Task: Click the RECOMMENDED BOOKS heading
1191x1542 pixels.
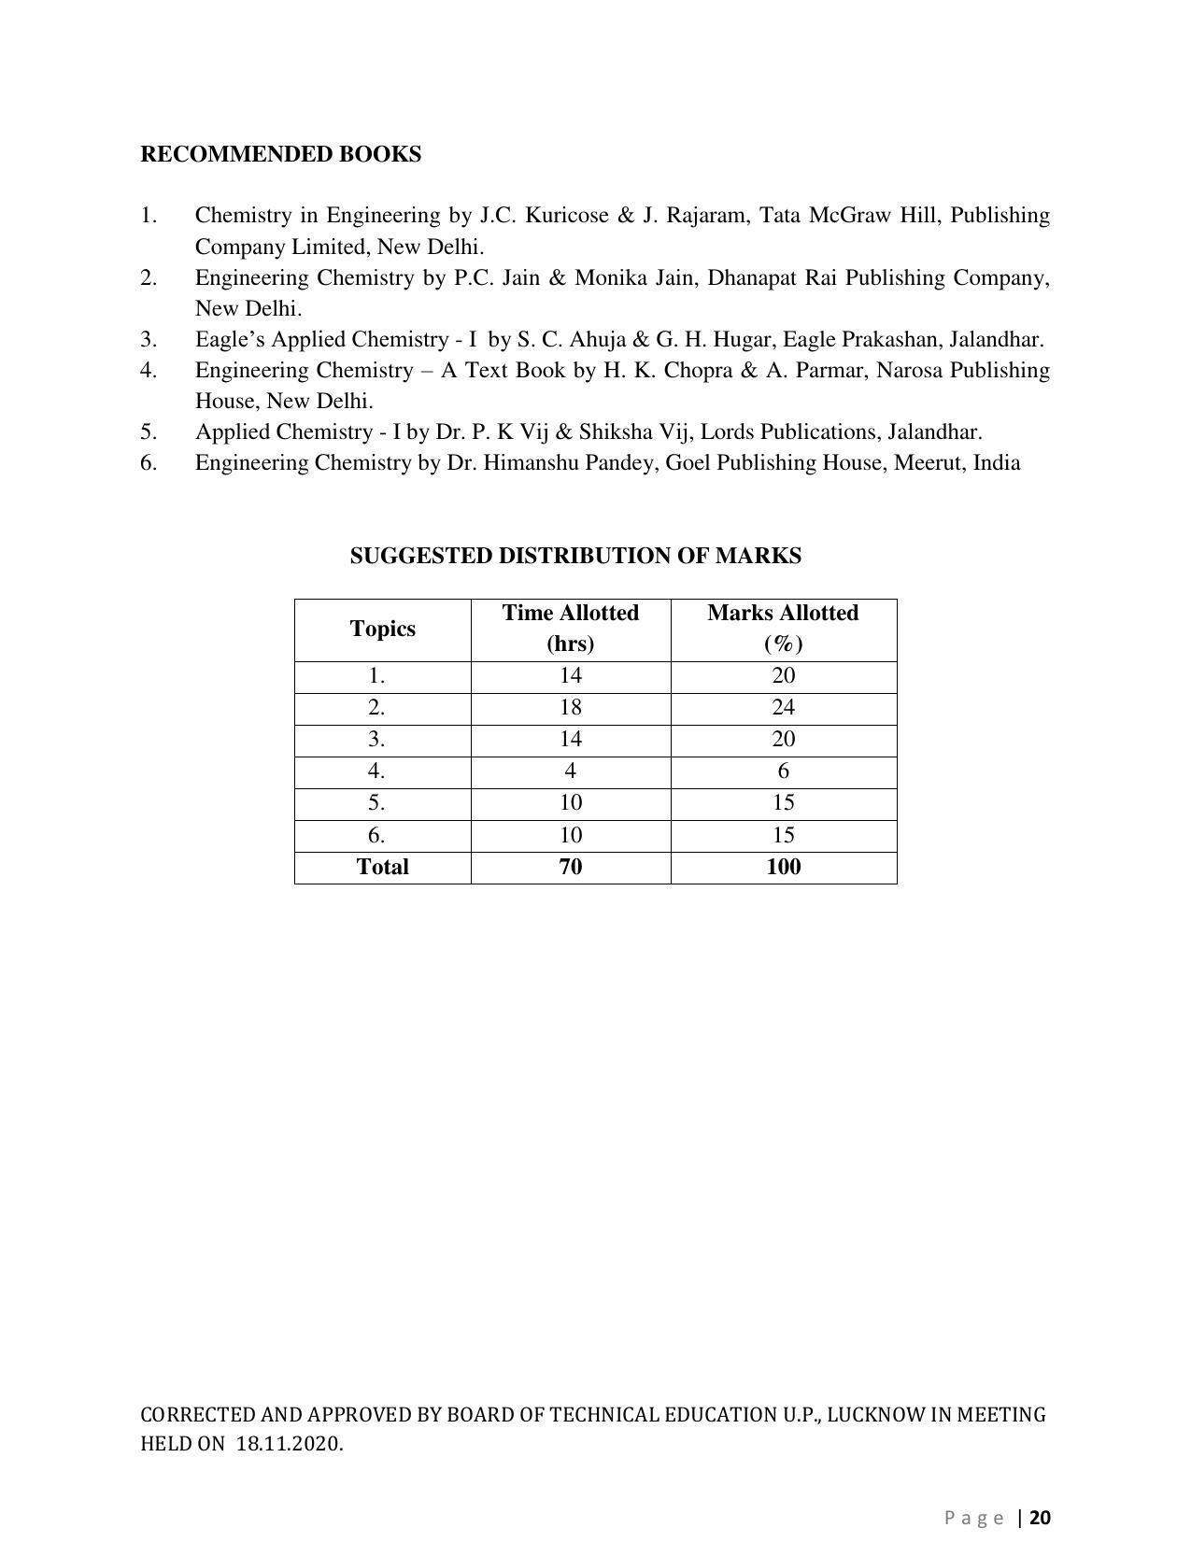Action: point(280,154)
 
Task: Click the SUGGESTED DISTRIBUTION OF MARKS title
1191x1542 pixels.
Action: point(575,556)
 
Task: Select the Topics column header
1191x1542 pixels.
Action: point(382,629)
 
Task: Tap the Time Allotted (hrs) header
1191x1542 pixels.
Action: point(570,628)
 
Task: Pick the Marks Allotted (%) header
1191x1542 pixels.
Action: point(783,628)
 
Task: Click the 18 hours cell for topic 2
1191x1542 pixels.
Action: point(570,707)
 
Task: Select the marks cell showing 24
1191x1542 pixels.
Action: point(783,707)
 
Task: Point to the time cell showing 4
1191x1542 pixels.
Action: point(570,771)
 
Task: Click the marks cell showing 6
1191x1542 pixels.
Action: point(783,771)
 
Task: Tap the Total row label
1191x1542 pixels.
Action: point(382,867)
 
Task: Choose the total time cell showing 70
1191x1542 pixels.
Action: point(570,867)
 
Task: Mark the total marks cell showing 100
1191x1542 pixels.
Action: point(783,867)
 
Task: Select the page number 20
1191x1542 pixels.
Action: point(1041,1517)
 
